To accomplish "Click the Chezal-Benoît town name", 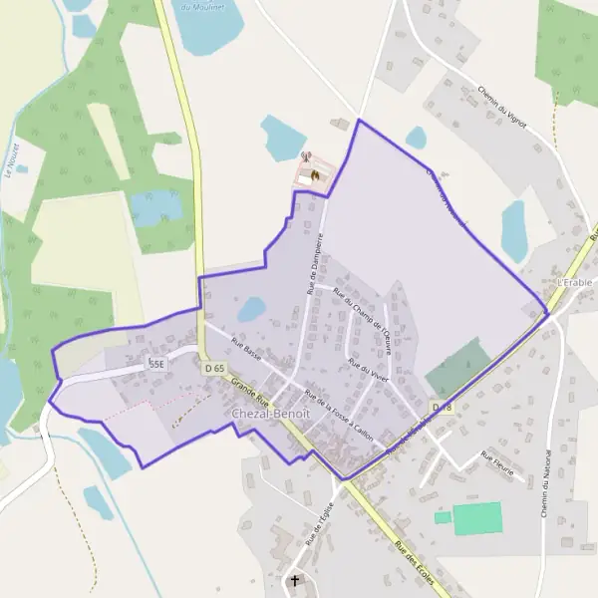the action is click(270, 413).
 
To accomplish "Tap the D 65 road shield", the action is click(214, 368).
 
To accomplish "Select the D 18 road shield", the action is click(442, 407).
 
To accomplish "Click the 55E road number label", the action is click(156, 365).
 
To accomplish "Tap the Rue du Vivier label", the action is click(368, 371).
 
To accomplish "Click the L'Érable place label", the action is click(575, 282).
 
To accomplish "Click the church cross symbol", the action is click(295, 580).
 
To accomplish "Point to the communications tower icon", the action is click(307, 156).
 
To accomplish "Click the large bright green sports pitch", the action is click(476, 518).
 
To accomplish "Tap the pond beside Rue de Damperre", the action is click(251, 309).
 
